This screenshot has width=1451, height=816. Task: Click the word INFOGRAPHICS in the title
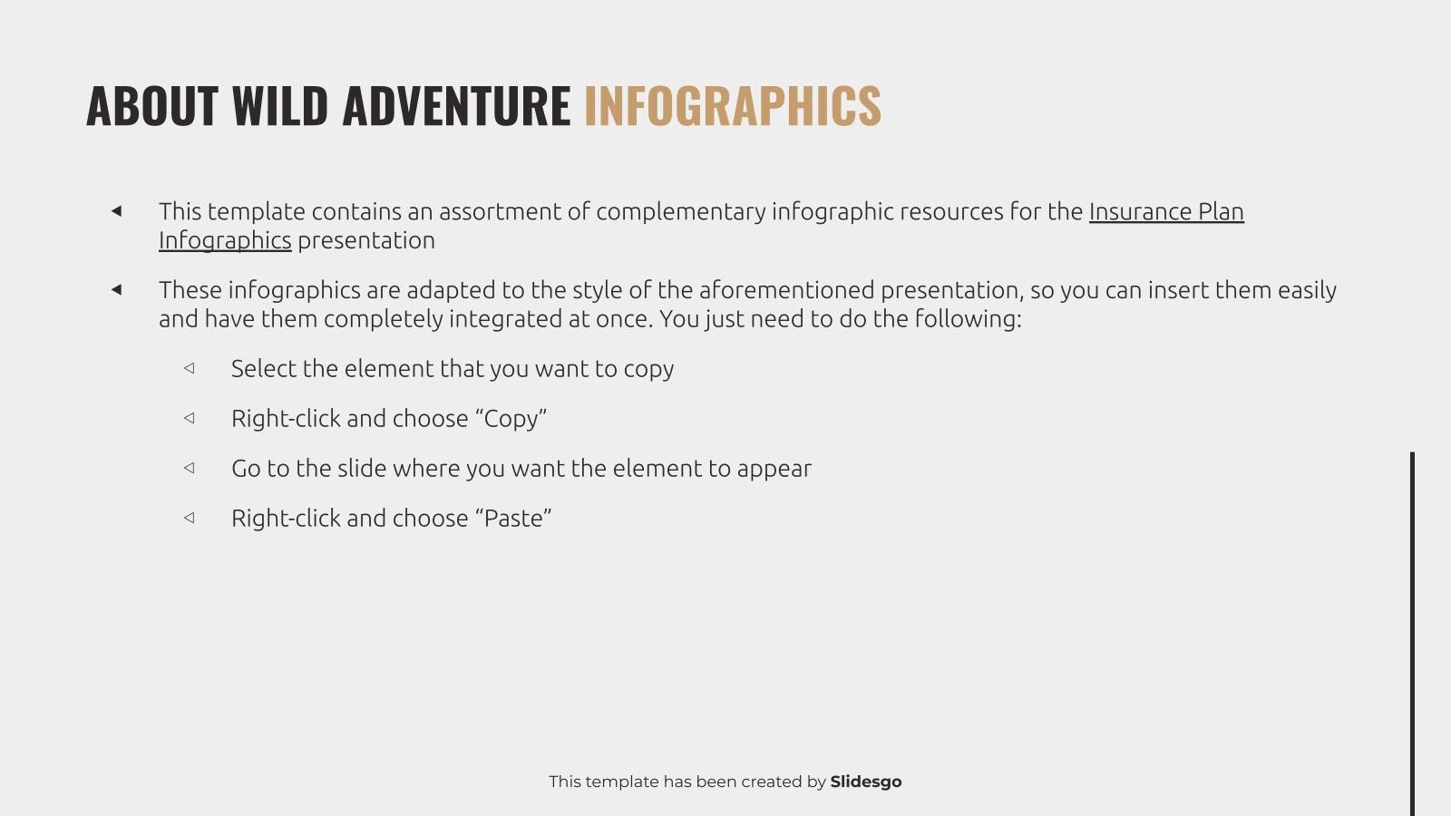[732, 105]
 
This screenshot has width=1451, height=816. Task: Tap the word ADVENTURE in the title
[456, 105]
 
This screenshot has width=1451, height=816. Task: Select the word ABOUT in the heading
[151, 105]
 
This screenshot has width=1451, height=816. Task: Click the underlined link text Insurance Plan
[1165, 211]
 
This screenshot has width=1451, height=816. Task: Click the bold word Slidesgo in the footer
[865, 782]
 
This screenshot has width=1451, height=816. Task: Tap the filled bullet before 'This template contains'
[116, 211]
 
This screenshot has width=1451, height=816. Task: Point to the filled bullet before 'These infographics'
[116, 290]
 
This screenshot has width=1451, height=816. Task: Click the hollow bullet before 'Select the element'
[189, 368]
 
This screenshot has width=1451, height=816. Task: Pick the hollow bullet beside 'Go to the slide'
[189, 468]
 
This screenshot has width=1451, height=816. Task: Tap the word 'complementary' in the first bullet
[680, 211]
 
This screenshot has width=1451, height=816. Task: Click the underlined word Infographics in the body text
[225, 240]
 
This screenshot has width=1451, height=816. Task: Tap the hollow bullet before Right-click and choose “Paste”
[189, 518]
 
